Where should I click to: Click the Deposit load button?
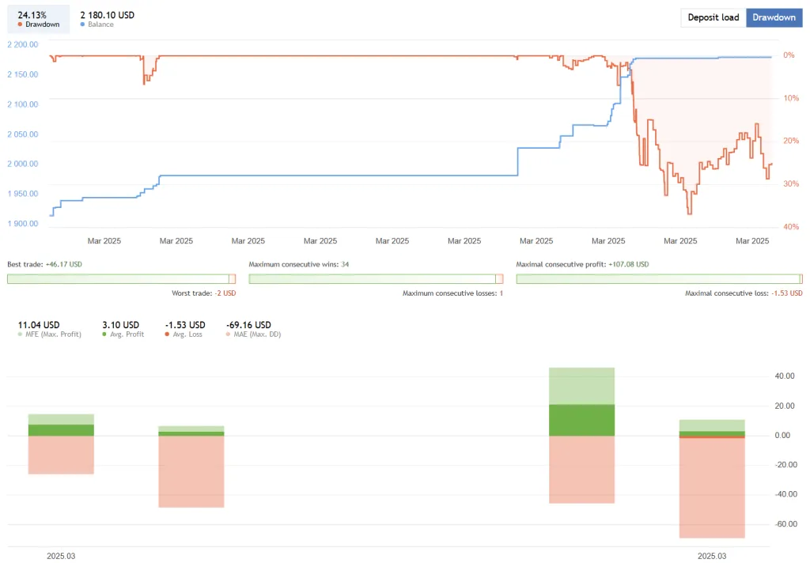point(713,17)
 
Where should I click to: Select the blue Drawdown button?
point(774,17)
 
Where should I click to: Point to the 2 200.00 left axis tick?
point(22,44)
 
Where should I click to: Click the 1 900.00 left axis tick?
point(22,224)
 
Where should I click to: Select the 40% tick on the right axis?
point(789,227)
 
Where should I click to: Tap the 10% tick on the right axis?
point(789,98)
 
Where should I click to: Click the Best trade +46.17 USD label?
point(44,264)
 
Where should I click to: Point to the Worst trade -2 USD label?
point(203,293)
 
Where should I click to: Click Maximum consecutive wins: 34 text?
point(299,264)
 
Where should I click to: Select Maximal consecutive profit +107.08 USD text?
point(582,264)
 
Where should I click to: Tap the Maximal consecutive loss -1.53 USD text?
point(744,293)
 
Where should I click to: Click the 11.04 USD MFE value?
point(39,324)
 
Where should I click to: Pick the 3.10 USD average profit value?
point(120,324)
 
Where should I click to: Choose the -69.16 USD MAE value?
point(248,324)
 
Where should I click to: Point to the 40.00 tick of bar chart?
point(785,376)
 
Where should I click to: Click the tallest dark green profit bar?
point(581,420)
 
